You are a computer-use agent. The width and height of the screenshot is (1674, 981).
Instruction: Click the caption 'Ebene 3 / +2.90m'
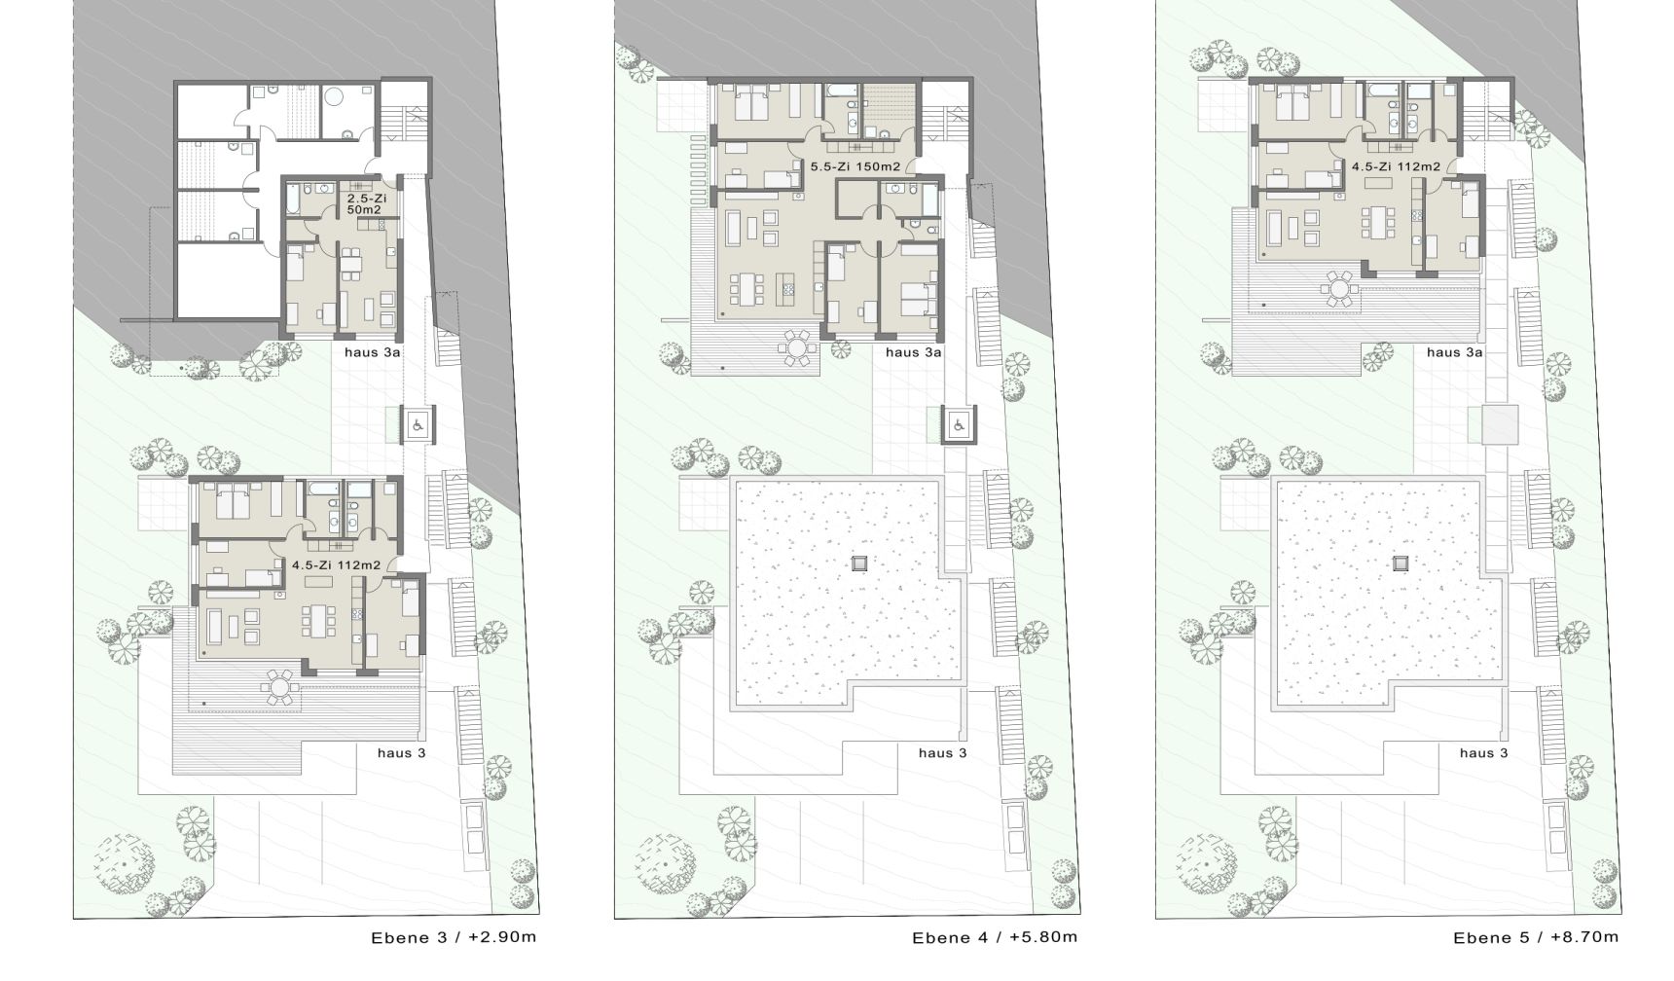coord(454,938)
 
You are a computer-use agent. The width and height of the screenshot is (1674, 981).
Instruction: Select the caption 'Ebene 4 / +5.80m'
coord(995,938)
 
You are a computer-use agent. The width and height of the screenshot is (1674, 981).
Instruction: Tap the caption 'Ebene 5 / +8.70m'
coord(1536,938)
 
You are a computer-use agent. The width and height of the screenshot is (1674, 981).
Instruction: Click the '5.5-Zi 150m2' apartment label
coord(855,167)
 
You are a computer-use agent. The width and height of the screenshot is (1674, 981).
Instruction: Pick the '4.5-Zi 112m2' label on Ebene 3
coord(336,564)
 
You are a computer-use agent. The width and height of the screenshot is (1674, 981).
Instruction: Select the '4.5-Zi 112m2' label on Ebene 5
coord(1396,167)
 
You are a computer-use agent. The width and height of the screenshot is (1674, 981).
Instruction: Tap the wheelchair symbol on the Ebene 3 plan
coord(418,424)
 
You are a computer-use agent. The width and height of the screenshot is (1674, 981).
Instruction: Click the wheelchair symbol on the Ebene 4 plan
coord(958,424)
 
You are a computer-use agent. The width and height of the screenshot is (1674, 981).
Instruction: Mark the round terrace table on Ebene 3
coord(279,686)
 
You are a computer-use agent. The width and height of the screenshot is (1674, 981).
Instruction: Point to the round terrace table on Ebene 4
coord(798,347)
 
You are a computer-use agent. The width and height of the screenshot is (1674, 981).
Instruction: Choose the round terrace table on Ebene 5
coord(1340,289)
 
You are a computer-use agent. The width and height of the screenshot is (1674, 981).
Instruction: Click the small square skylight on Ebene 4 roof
coord(859,562)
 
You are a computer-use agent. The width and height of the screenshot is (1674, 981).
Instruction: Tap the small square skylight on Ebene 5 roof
coord(1401,562)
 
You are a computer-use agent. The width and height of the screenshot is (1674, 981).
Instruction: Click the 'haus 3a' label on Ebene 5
coord(1455,353)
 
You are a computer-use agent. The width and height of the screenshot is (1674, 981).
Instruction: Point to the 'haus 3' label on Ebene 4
coord(943,753)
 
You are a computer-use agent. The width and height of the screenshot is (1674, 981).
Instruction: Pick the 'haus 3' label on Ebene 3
coord(402,753)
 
